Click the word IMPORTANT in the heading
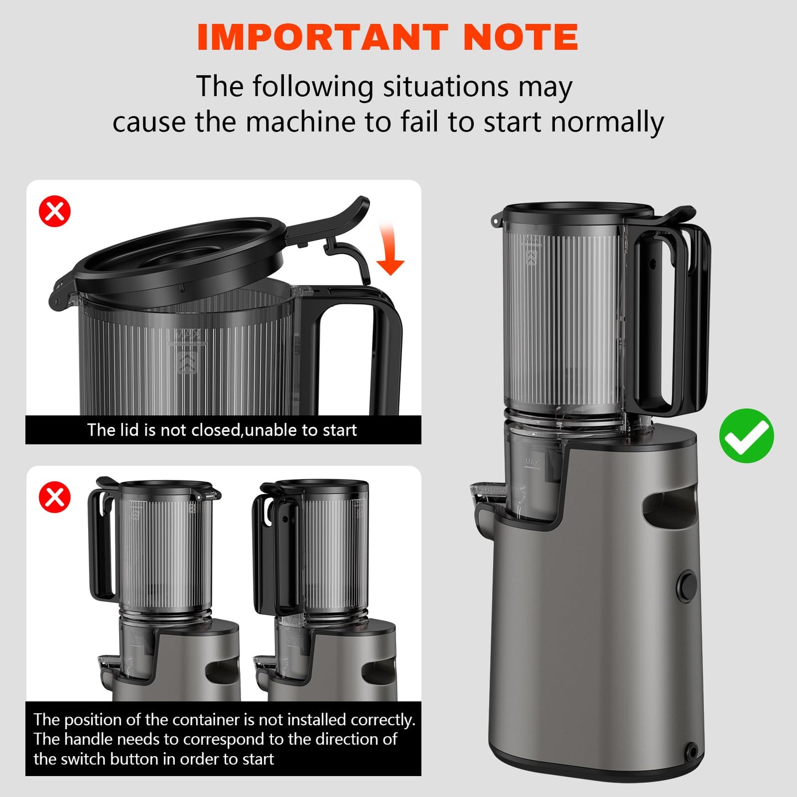coord(323,37)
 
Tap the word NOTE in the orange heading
coord(521,37)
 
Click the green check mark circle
coord(746,436)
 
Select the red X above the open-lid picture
coord(55,211)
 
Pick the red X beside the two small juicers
coord(55,497)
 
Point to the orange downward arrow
coord(389,248)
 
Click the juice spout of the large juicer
coord(488,493)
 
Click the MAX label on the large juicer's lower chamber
coord(532,461)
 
